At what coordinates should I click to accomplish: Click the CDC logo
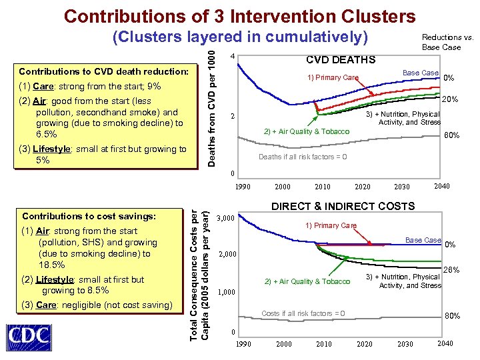click(30, 336)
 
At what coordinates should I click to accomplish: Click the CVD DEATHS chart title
click(340, 60)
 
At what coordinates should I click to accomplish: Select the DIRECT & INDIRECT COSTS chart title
click(343, 207)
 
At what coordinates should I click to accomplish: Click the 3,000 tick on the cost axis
click(227, 218)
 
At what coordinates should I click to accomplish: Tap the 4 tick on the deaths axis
click(230, 56)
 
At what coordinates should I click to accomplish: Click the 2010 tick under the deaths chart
click(322, 187)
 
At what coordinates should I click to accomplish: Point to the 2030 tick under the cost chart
click(405, 344)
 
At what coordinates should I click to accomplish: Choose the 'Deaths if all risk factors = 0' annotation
click(303, 157)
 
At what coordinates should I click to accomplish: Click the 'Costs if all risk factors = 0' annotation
click(303, 313)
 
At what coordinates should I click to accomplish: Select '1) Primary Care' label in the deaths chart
click(333, 77)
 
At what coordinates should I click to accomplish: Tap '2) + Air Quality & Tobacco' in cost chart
click(307, 281)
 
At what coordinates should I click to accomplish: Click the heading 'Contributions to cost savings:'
click(89, 216)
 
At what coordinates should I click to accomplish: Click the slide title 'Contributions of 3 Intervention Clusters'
click(240, 16)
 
